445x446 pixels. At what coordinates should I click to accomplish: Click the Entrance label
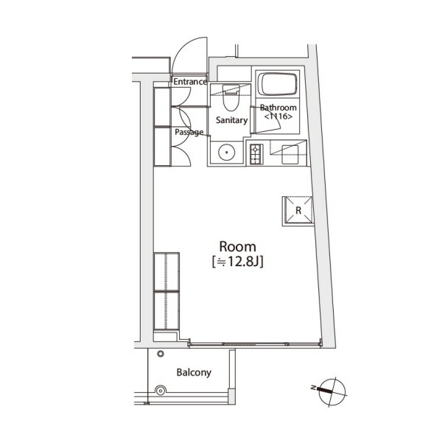[190, 82]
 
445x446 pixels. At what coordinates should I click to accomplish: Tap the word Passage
[189, 132]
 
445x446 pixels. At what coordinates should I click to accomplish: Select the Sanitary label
[232, 120]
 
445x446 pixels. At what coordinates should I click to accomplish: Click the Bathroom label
[278, 108]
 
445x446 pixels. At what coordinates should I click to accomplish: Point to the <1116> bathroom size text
[278, 116]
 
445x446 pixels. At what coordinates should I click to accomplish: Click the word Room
[237, 247]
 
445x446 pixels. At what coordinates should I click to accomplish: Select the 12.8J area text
[237, 262]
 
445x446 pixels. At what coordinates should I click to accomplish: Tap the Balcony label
[194, 372]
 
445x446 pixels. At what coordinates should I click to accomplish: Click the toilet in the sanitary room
[231, 97]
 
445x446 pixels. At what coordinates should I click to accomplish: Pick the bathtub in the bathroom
[278, 84]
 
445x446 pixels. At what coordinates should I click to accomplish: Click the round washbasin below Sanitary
[227, 152]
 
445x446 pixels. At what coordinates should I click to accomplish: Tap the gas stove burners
[256, 155]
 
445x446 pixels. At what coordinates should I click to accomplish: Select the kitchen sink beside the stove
[290, 155]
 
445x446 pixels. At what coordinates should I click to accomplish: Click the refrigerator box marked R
[298, 211]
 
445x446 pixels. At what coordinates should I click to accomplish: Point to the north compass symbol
[332, 391]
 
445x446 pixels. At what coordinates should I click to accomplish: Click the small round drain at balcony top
[161, 354]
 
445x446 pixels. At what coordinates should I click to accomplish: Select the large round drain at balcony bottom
[161, 391]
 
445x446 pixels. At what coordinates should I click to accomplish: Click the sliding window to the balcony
[255, 344]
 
